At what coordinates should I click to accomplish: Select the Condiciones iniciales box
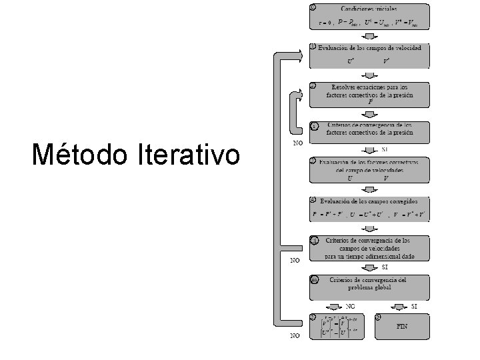369,16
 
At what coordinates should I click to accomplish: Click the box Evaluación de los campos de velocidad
369,55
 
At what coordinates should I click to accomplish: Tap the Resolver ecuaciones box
369,94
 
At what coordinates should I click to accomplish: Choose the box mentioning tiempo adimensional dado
369,247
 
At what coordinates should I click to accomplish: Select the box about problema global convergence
369,287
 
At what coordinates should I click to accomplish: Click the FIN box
402,326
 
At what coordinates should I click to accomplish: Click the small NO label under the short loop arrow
299,143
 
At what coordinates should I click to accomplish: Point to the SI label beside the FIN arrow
414,306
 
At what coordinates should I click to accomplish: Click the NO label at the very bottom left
294,336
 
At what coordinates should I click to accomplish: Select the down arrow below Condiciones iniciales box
369,37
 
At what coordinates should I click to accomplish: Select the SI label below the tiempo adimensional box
385,267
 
